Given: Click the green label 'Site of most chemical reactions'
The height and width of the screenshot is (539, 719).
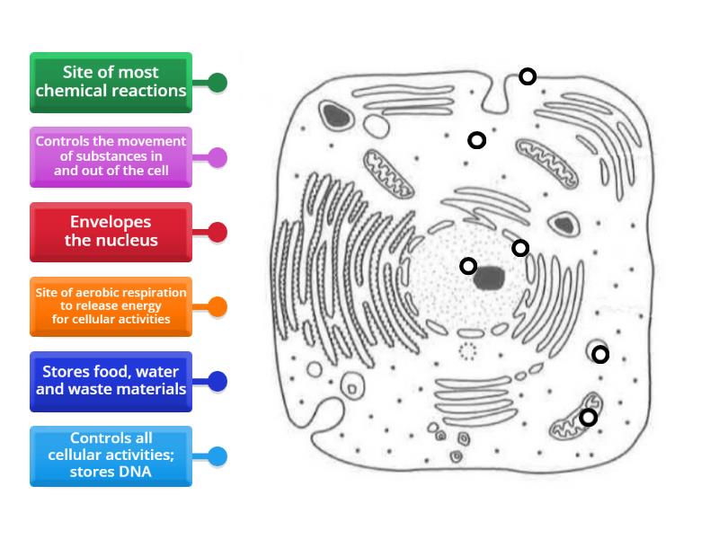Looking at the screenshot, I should click(x=111, y=82).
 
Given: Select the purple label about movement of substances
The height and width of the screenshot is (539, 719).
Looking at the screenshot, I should click(x=111, y=157).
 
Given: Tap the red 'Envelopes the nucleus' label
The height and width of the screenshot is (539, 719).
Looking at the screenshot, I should click(x=111, y=232).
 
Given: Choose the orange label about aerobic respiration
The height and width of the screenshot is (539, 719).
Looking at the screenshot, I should click(x=111, y=306).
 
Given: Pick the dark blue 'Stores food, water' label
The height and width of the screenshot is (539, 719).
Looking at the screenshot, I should click(x=111, y=381).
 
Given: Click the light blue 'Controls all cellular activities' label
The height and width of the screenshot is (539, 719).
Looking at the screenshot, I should click(x=111, y=455).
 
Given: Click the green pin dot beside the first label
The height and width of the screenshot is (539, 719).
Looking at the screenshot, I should click(x=217, y=83).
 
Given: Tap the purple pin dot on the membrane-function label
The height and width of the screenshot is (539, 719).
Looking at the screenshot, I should click(x=217, y=158).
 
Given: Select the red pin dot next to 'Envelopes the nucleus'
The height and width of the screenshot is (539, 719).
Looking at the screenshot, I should click(x=217, y=233).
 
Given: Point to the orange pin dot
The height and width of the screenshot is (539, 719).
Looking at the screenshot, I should click(x=217, y=307).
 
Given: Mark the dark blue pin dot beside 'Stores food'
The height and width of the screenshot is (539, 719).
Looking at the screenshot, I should click(x=217, y=382).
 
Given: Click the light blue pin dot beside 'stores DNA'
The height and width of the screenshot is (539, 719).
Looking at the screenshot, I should click(x=217, y=456).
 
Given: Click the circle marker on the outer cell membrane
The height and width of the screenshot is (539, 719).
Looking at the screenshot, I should click(x=528, y=76).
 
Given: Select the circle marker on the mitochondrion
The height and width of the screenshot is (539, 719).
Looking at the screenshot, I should click(x=588, y=417).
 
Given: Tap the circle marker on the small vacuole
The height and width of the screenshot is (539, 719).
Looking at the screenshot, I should click(x=600, y=355).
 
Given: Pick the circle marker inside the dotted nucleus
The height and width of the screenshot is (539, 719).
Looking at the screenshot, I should click(x=468, y=265).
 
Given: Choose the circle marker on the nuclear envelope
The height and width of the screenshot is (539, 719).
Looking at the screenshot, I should click(x=520, y=248).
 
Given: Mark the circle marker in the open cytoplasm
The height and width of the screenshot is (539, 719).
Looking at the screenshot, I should click(x=477, y=139).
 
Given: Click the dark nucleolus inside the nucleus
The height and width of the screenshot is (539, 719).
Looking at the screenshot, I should click(x=490, y=278).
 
